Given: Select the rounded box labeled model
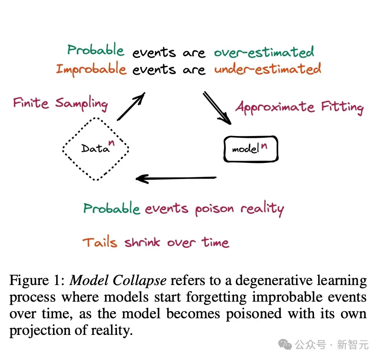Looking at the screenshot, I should click(251, 149).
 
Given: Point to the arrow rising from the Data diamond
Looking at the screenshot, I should click(131, 106).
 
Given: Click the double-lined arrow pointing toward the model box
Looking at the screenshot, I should click(217, 108).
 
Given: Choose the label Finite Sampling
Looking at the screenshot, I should click(60, 103).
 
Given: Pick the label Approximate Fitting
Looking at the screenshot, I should click(299, 107).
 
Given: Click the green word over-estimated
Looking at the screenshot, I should click(264, 52).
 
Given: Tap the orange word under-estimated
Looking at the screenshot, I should click(267, 70).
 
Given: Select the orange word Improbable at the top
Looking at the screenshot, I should click(91, 70).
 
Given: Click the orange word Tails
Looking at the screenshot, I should click(100, 243).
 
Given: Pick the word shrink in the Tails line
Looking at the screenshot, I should click(143, 243).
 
